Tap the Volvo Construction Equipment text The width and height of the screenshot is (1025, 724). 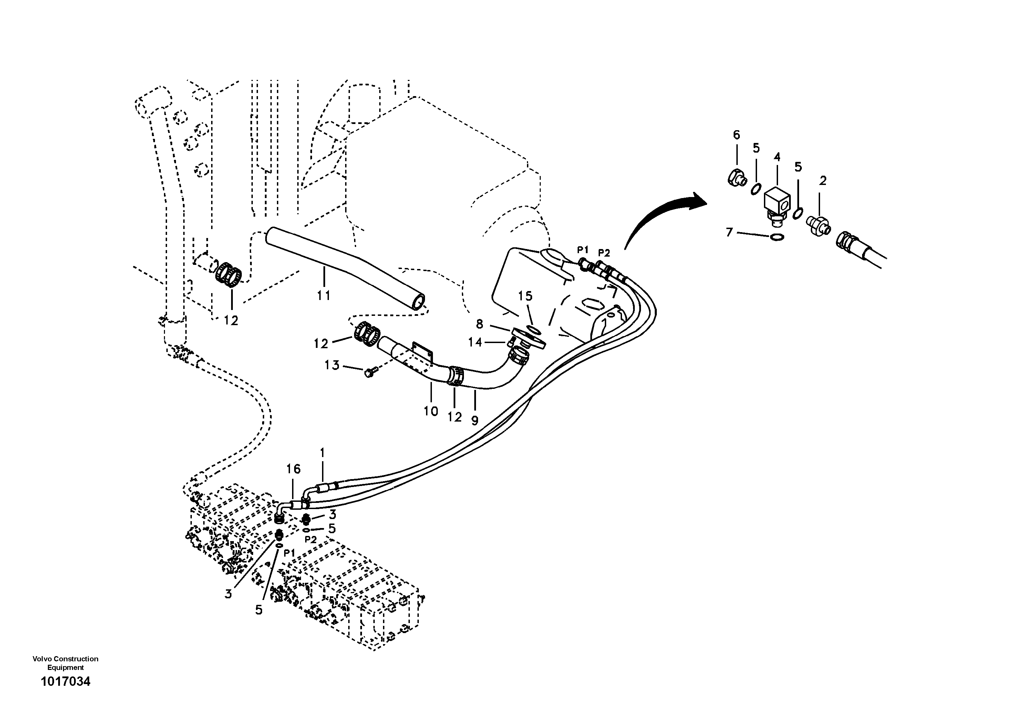tap(65, 663)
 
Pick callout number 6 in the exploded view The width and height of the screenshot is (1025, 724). tap(736, 135)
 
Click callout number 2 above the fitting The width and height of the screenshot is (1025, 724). tap(823, 181)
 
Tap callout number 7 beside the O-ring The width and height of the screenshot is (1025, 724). tap(729, 232)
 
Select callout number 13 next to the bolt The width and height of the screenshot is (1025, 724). tap(332, 365)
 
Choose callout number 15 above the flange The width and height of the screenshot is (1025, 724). tap(525, 296)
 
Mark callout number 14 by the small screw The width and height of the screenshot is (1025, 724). tap(475, 342)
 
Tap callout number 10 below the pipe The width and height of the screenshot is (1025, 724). tap(431, 411)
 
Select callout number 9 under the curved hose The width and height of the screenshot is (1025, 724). tap(475, 420)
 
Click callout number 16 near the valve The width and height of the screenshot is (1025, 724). tap(293, 469)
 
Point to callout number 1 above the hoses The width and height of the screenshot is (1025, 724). tap(322, 453)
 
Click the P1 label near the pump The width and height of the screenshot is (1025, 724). tap(582, 249)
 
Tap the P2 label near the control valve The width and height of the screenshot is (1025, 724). tap(310, 539)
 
